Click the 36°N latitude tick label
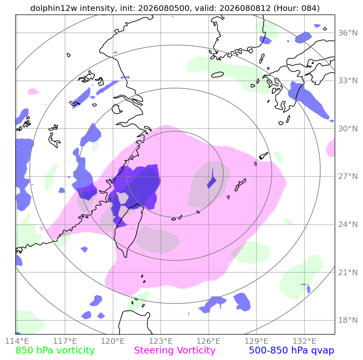[348, 33]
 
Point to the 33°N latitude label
[348, 81]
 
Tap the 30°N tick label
[348, 128]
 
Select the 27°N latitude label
[348, 177]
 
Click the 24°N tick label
[348, 225]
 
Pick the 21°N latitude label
[348, 272]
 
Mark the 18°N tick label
[348, 320]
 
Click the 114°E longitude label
[17, 341]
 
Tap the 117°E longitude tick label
[65, 341]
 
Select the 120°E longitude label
[113, 341]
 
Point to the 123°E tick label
[161, 341]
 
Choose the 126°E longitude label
[209, 341]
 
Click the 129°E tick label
[256, 341]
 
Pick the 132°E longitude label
[304, 341]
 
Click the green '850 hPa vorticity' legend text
[55, 350]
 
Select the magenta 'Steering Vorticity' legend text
[175, 350]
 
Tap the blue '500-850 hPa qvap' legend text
[292, 350]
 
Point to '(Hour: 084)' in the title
[296, 8]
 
